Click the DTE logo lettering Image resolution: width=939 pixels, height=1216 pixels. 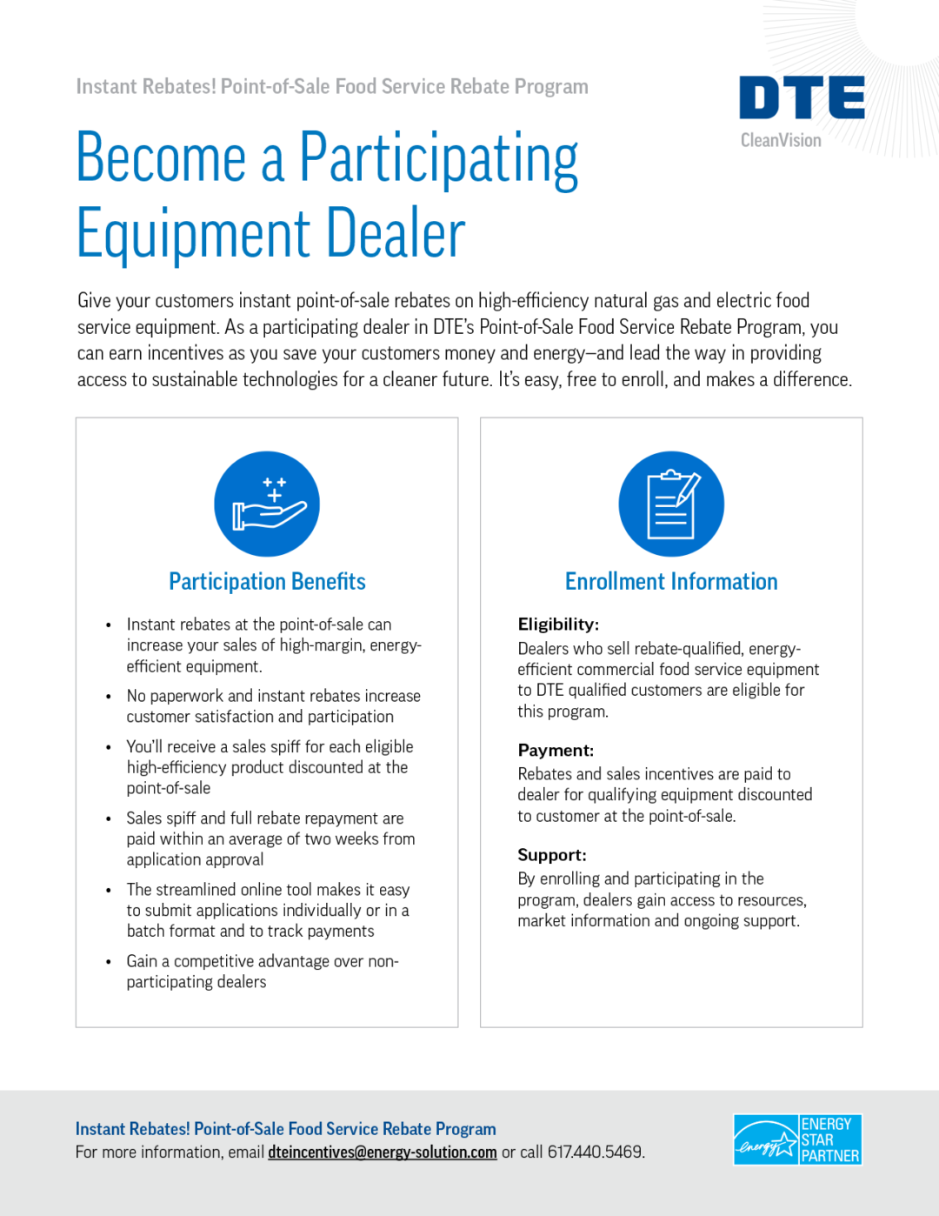coord(802,97)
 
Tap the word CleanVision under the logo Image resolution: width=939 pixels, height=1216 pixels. coord(781,140)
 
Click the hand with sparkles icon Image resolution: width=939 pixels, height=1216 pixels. coord(267,504)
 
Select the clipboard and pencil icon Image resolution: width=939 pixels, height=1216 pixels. coord(671,504)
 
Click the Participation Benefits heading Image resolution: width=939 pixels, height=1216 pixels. coord(267,581)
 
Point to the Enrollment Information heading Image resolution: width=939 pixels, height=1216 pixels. coord(671,581)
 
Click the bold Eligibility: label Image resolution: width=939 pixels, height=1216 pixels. coord(558,625)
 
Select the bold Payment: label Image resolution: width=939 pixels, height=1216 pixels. coord(556,750)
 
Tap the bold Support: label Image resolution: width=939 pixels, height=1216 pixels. coord(552,855)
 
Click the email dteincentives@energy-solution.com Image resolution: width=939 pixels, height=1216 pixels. coord(383,1153)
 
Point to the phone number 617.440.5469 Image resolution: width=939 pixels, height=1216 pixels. coord(595,1153)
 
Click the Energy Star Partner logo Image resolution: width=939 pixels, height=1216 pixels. coord(797,1140)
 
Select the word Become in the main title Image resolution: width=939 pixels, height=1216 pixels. coord(162,158)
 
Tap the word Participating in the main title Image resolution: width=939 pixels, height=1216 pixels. coord(439,158)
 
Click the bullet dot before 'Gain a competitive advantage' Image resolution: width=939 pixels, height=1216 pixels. coord(109,962)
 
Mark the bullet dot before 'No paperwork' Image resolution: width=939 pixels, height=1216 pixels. coord(109,697)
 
